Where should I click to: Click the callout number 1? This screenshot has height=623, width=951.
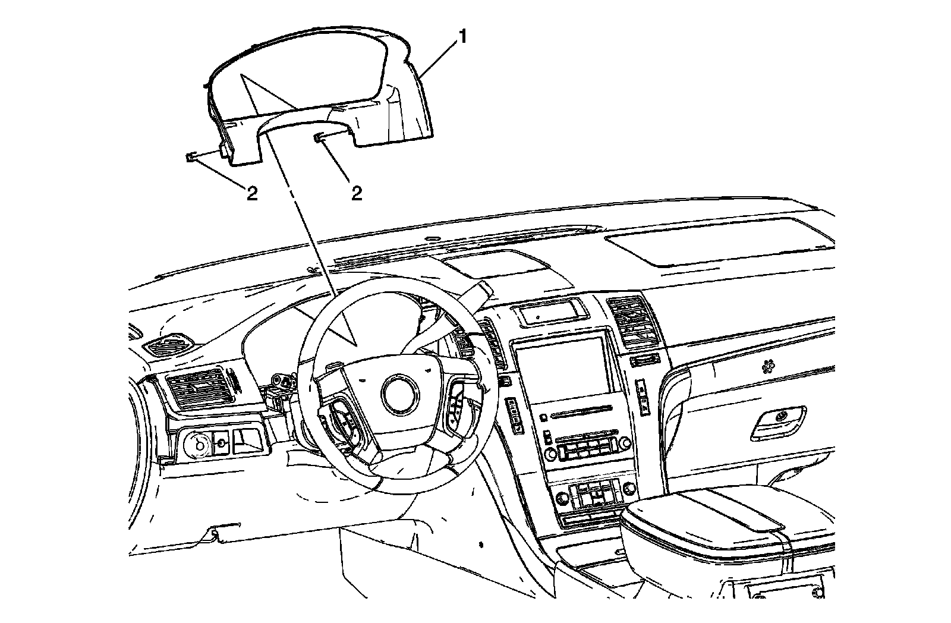[x=462, y=39]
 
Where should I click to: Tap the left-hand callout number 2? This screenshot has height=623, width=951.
[x=252, y=193]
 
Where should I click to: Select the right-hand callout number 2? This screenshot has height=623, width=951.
[x=357, y=193]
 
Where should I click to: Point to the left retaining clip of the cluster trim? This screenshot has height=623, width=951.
[x=191, y=158]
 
